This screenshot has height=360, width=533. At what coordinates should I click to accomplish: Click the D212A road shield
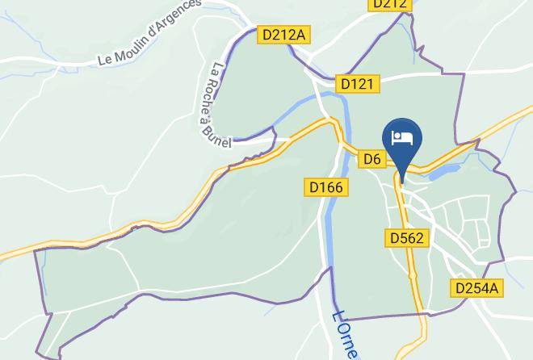284,35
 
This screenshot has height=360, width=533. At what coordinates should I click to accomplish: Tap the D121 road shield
357,83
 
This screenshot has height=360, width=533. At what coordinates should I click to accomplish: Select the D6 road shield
371,159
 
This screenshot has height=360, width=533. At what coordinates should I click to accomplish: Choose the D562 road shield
406,238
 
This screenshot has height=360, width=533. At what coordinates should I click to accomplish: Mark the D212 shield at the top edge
390,4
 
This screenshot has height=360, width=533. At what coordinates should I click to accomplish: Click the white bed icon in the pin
401,137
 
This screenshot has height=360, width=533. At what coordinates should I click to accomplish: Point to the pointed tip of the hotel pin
401,172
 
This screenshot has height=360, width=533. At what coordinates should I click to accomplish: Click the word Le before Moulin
104,58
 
